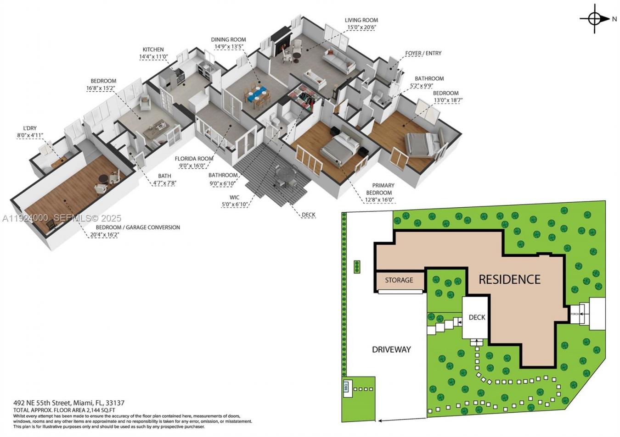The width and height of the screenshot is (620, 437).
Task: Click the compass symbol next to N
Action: click(x=594, y=19)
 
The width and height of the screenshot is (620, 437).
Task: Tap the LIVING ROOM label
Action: click(x=361, y=20)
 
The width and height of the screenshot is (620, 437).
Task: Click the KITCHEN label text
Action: click(x=153, y=50)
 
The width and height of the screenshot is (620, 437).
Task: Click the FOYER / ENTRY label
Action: click(x=423, y=53)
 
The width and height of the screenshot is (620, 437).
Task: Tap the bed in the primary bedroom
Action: click(x=339, y=147)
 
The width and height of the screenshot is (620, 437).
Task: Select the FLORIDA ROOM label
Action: click(x=194, y=159)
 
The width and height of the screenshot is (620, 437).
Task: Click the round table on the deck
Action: click(x=286, y=174)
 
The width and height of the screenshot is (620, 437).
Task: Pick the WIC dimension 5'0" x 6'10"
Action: click(x=235, y=205)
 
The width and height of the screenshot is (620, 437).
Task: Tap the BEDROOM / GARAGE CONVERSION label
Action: click(x=138, y=227)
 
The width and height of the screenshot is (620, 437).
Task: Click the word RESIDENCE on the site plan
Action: click(x=509, y=279)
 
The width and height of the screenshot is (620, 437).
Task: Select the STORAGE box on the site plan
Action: click(x=399, y=280)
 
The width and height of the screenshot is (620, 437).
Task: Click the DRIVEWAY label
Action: click(x=391, y=349)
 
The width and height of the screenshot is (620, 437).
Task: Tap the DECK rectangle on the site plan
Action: click(x=477, y=317)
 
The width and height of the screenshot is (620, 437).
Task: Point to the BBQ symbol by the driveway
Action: click(x=346, y=387)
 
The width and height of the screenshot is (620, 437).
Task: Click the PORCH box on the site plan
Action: click(x=575, y=314)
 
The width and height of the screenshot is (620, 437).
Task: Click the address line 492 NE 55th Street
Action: click(x=69, y=403)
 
